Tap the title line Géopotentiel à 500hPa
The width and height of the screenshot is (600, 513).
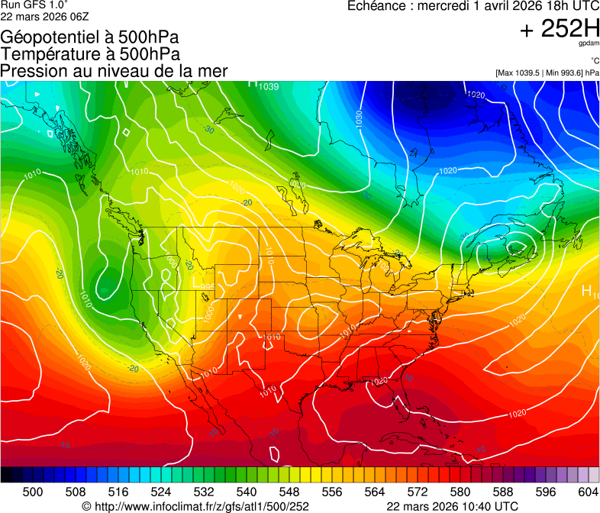89,37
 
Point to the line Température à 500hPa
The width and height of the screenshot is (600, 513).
90,54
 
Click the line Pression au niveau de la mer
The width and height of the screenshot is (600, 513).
114,71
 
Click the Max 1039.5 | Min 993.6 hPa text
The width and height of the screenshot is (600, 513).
547,73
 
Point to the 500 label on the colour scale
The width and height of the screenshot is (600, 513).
34,491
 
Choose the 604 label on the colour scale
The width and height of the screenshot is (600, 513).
589,491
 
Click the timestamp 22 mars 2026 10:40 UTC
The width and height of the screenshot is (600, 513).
453,505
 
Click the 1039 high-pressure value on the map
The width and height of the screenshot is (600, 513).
268,86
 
